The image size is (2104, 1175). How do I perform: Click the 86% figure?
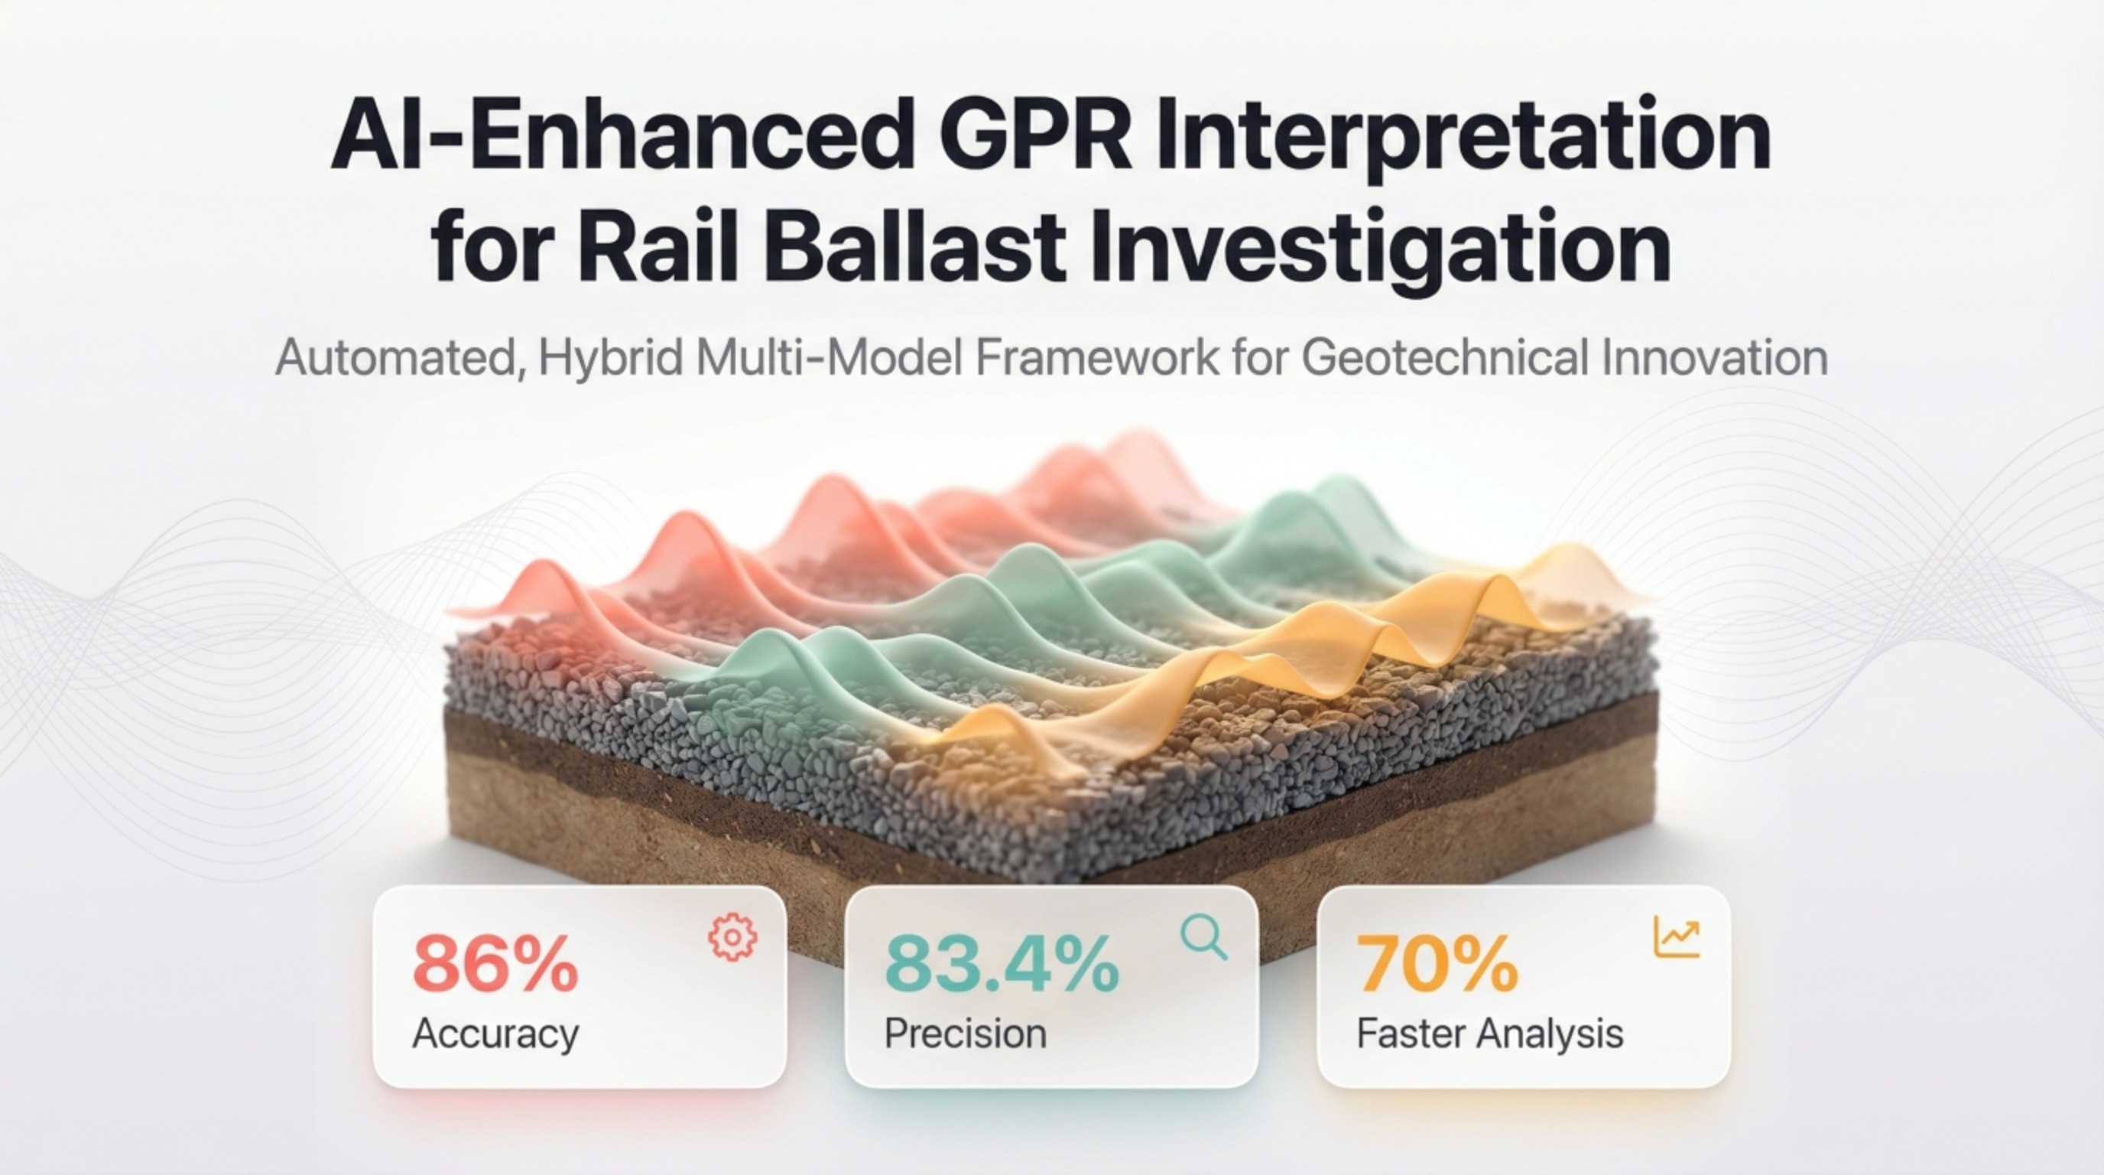[x=495, y=964]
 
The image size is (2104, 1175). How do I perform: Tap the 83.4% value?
[x=1002, y=964]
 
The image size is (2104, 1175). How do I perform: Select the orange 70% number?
[x=1437, y=964]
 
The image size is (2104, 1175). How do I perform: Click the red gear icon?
[x=732, y=937]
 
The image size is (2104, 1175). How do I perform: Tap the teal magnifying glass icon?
[x=1204, y=937]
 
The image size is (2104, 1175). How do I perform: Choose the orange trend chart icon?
[x=1677, y=936]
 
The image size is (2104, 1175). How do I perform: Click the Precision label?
[x=966, y=1033]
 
